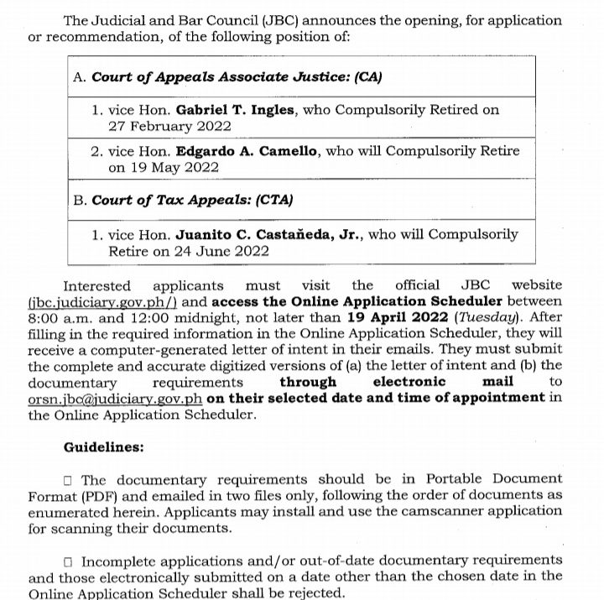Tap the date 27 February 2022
click(169, 127)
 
